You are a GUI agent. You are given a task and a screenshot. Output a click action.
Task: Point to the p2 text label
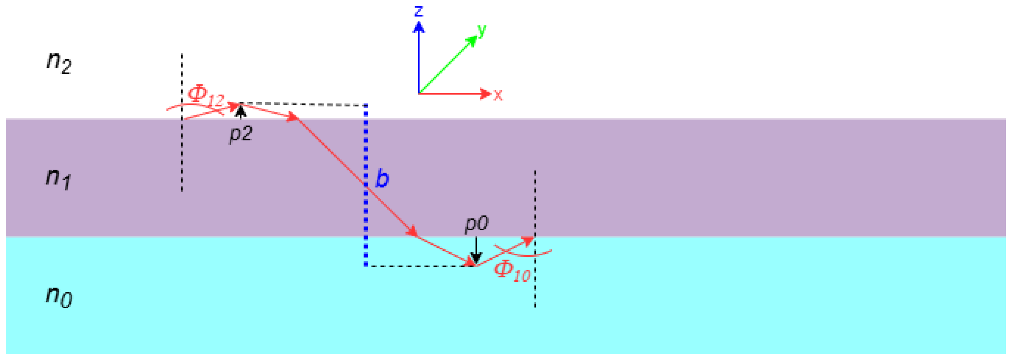[x=241, y=134]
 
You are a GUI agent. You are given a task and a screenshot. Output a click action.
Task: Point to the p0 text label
[x=476, y=224]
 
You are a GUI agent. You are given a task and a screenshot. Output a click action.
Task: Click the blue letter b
[x=382, y=178]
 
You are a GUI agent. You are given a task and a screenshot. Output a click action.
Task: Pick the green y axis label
[x=482, y=30]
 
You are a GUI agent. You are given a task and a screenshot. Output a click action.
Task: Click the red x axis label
[x=498, y=94]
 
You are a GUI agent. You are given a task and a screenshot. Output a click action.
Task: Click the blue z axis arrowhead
[x=419, y=27]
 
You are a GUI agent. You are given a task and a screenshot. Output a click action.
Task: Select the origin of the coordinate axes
[x=419, y=94]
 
